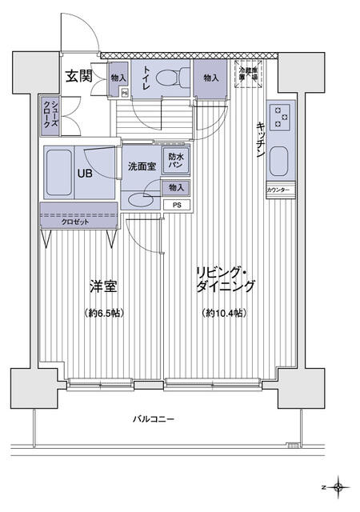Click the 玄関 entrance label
point(78,77)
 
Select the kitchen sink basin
point(280,163)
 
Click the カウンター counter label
point(279,190)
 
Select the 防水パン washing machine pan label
point(175,160)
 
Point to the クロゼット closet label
point(76,222)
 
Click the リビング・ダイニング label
point(226,279)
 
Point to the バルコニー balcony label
point(154,419)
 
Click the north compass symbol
point(339,486)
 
